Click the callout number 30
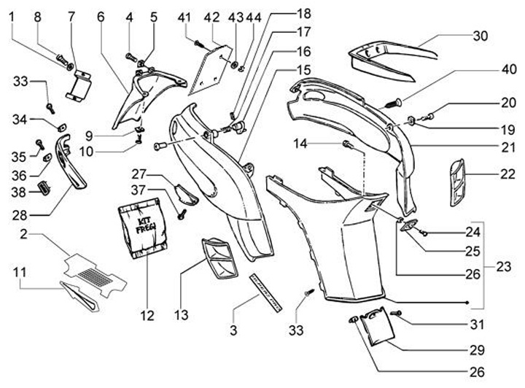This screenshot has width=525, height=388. click(x=481, y=36)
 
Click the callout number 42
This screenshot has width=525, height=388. click(x=211, y=17)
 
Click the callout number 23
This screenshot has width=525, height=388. click(x=503, y=267)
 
